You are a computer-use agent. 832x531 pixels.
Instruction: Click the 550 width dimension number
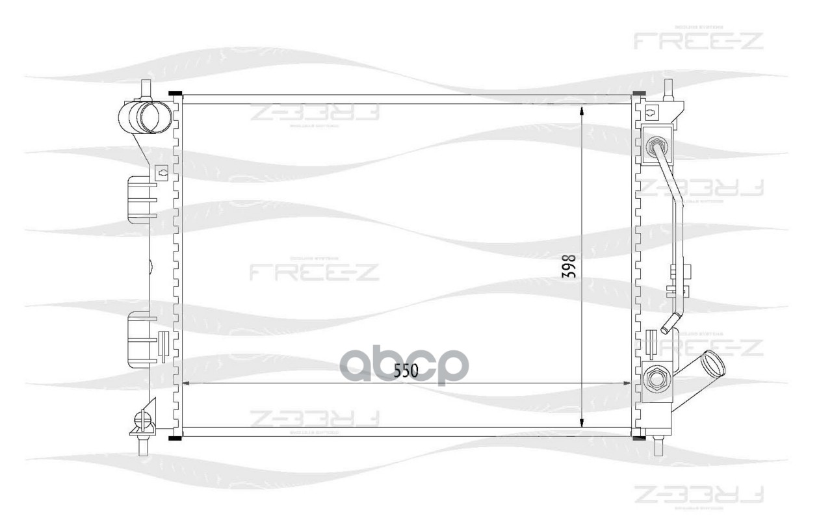pyautogui.click(x=405, y=370)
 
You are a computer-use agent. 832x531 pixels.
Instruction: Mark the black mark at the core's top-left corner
pyautogui.click(x=174, y=95)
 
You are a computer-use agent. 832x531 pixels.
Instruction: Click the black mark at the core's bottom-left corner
pyautogui.click(x=174, y=438)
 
